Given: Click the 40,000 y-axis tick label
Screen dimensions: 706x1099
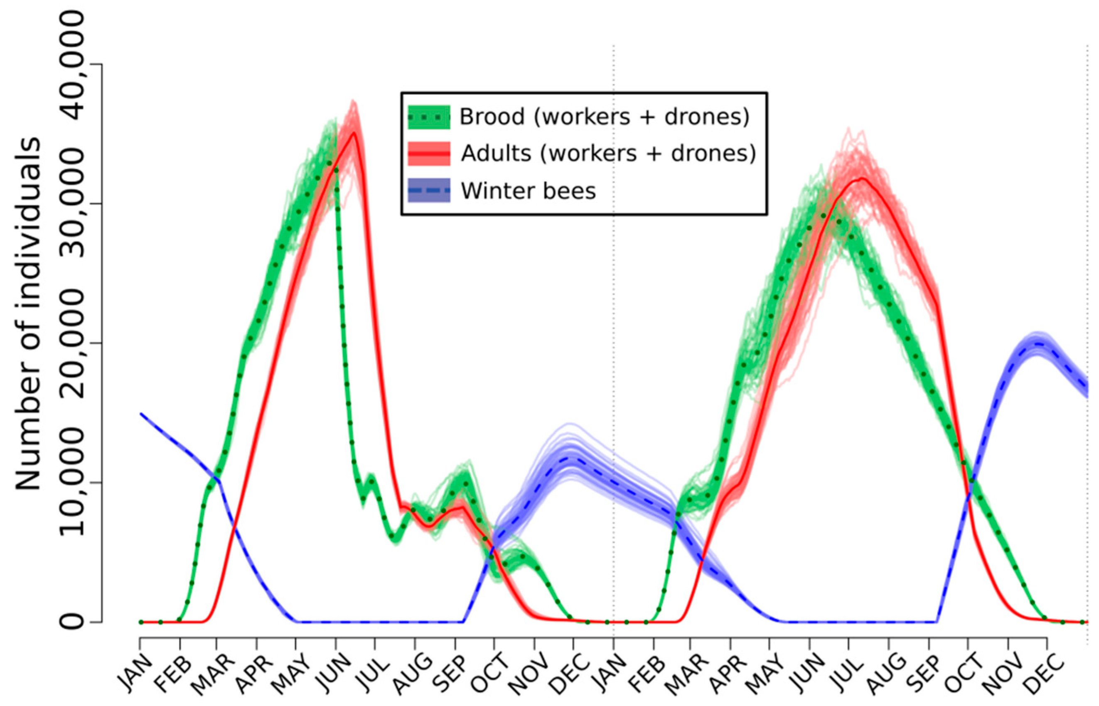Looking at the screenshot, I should point(72,65).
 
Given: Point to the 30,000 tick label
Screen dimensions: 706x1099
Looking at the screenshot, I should point(72,204).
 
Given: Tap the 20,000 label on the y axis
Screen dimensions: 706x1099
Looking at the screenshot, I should point(72,344).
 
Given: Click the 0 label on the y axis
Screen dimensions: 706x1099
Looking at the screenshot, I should point(72,622).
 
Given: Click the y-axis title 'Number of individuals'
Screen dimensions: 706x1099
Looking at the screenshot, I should point(28,314).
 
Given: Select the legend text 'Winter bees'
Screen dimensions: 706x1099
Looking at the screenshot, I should point(529,191).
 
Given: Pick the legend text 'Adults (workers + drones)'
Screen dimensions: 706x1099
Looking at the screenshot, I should point(608,153).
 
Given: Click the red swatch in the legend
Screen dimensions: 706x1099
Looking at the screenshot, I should point(429,153).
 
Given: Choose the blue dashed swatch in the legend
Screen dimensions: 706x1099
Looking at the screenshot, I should point(429,190).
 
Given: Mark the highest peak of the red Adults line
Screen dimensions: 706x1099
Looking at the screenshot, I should point(354,132).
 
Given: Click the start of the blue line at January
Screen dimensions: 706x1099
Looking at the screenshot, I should point(141,414).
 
